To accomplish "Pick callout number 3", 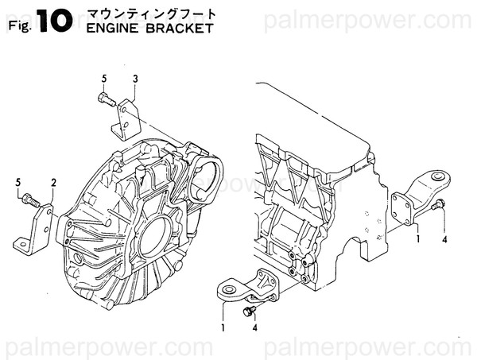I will click(135, 78).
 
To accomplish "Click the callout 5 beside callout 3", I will click(103, 78).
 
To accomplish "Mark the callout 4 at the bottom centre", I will click(254, 327).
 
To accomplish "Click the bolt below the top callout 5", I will click(104, 99).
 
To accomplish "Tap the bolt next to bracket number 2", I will click(29, 199).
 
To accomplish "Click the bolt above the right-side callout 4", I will click(437, 207).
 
